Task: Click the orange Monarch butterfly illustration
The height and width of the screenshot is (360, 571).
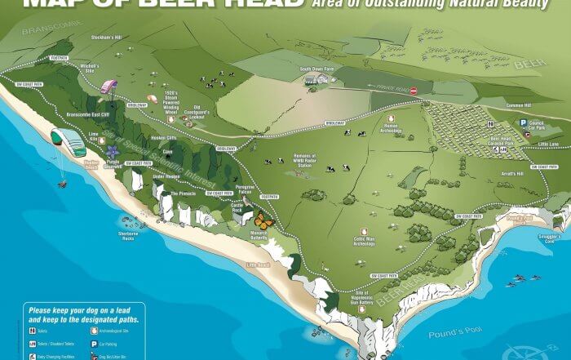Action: click(x=263, y=219)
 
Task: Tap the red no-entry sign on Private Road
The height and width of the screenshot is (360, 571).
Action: click(x=414, y=91)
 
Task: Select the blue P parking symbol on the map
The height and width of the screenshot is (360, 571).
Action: click(x=524, y=122)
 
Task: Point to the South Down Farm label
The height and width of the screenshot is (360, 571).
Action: click(x=317, y=69)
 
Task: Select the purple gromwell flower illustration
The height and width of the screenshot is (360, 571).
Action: click(x=112, y=151)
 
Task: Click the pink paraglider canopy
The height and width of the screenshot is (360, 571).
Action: click(x=109, y=85)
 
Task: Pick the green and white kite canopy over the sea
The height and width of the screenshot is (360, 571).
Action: click(x=67, y=141)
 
